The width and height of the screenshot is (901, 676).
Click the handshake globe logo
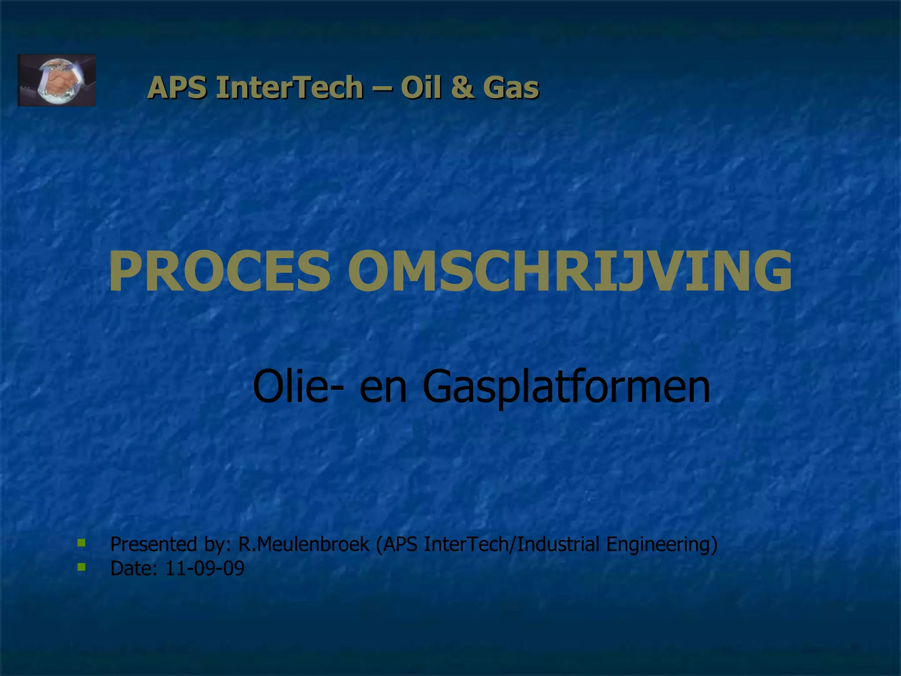click(x=56, y=80)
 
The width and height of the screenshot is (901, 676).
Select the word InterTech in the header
click(x=289, y=87)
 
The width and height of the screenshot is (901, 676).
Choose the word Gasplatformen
click(x=566, y=386)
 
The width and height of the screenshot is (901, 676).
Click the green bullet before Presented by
click(x=81, y=543)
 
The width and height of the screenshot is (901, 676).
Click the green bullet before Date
click(x=81, y=567)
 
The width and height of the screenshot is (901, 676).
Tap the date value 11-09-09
click(x=205, y=568)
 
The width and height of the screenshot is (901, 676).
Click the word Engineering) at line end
click(x=662, y=544)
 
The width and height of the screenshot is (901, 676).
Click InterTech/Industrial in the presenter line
click(x=512, y=544)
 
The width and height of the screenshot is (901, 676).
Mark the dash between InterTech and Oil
click(x=381, y=88)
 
